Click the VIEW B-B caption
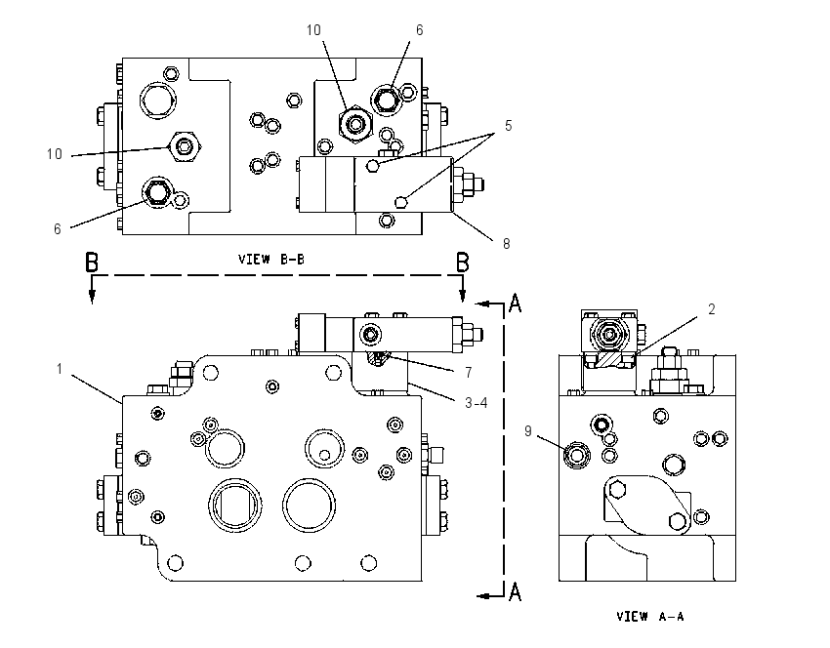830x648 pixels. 271,260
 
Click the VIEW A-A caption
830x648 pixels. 650,616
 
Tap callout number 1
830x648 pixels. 60,369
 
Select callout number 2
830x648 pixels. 712,309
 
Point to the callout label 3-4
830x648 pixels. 476,403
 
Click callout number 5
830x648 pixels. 508,125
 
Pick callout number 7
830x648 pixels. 469,373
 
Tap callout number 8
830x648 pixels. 506,244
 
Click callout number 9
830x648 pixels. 527,431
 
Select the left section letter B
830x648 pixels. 92,263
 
